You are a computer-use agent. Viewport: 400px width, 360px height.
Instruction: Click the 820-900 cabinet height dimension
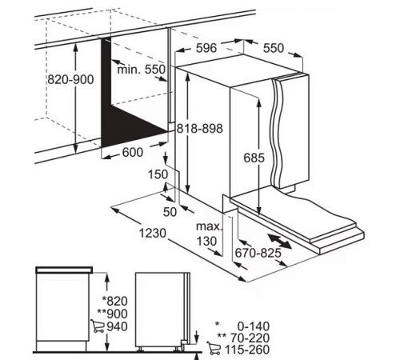[70, 79]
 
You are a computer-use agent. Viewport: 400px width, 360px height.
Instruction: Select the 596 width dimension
[206, 48]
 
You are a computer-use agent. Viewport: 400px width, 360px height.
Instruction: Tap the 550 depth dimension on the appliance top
[274, 48]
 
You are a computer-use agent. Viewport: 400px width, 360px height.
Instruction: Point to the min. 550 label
[142, 70]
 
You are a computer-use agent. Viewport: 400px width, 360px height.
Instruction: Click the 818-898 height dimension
[200, 129]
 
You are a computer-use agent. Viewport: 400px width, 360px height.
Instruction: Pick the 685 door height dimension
[254, 158]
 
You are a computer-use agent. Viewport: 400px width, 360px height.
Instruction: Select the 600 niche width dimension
[133, 152]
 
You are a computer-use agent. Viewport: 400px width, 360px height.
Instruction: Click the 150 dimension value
[158, 174]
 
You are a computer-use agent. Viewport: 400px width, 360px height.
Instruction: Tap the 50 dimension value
[170, 212]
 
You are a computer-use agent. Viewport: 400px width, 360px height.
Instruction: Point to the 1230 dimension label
[153, 233]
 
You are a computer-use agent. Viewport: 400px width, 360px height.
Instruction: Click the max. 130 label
[209, 234]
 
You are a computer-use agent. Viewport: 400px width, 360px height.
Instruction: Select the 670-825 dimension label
[258, 253]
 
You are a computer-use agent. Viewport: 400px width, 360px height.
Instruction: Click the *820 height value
[115, 301]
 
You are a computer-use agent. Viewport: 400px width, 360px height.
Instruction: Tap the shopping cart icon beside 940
[98, 326]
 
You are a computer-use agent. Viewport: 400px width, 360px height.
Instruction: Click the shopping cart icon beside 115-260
[214, 348]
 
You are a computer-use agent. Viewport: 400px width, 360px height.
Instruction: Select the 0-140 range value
[254, 326]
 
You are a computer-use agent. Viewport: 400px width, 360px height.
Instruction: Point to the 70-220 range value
[250, 338]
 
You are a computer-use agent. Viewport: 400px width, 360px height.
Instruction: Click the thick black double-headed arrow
[280, 241]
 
